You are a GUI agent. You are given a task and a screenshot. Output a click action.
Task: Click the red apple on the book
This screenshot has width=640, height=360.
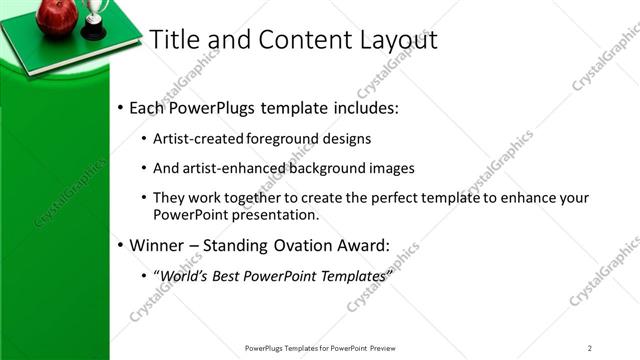click(57, 15)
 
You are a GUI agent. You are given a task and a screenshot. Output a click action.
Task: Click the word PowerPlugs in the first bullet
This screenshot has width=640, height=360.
click(218, 106)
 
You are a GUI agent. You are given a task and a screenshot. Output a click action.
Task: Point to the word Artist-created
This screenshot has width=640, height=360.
click(195, 139)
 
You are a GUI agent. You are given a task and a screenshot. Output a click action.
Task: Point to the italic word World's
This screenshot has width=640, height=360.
click(183, 275)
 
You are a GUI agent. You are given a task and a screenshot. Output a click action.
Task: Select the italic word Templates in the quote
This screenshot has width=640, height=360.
click(350, 275)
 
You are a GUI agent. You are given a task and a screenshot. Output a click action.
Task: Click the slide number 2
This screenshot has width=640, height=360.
click(590, 348)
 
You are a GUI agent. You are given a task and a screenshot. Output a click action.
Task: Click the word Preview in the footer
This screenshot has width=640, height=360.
click(388, 348)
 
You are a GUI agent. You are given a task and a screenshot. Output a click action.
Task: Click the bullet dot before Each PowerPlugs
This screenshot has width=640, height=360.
click(120, 107)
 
